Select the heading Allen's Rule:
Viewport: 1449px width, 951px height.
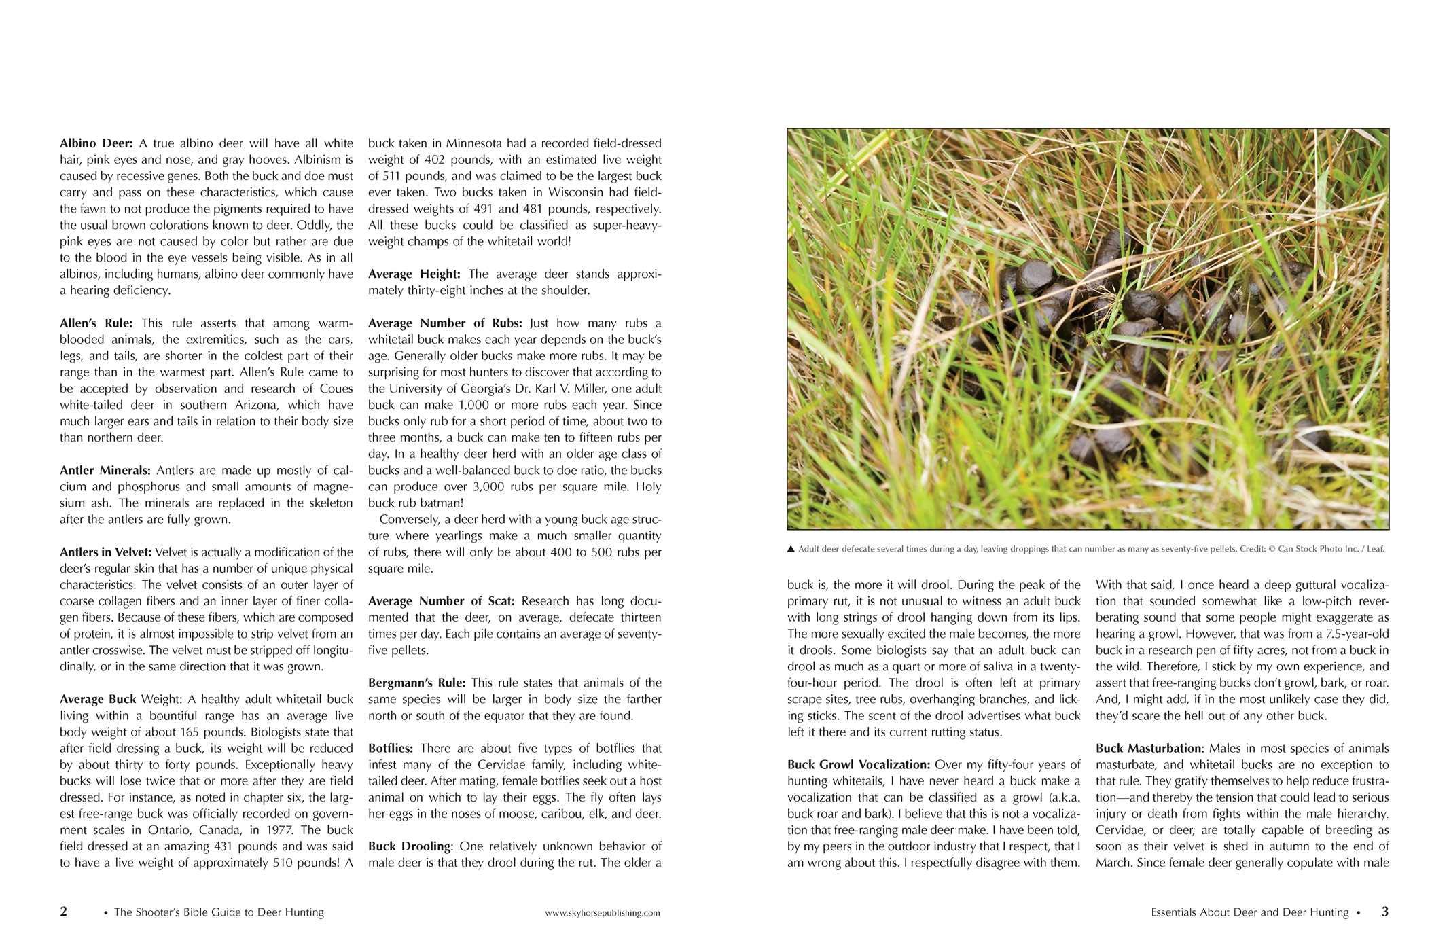click(96, 323)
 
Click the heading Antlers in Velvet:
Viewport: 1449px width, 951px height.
click(105, 552)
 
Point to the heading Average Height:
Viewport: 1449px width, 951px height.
click(414, 274)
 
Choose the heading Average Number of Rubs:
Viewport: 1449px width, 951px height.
click(445, 323)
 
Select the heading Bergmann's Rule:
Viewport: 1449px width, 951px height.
click(416, 683)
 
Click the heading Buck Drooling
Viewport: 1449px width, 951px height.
click(409, 846)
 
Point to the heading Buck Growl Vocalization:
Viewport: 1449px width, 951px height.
click(858, 765)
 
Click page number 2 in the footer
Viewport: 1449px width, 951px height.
click(64, 912)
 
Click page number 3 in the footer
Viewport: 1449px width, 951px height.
click(1384, 912)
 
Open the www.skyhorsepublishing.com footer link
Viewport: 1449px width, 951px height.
click(602, 914)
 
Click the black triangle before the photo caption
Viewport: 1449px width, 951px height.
click(791, 550)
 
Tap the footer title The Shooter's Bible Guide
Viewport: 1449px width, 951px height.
click(219, 913)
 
